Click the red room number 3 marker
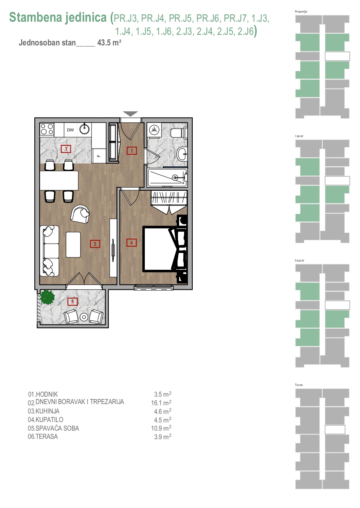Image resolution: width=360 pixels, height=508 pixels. (x=66, y=149)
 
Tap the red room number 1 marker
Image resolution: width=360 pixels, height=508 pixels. (x=132, y=151)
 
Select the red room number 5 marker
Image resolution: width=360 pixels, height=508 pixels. (x=72, y=301)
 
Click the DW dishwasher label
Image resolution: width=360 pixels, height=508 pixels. (x=70, y=130)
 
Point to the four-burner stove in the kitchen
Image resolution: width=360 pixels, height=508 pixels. (x=47, y=129)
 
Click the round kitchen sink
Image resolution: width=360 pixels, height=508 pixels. (x=85, y=129)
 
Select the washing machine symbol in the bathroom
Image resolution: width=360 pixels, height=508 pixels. (x=154, y=130)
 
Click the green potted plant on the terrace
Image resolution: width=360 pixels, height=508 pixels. (x=47, y=297)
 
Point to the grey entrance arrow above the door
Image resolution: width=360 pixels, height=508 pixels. (x=130, y=114)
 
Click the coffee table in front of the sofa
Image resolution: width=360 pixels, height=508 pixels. (x=73, y=244)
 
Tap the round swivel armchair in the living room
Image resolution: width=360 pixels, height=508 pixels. (x=80, y=214)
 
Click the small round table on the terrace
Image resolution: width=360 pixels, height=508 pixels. (x=84, y=317)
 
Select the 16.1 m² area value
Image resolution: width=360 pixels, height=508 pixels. (x=161, y=403)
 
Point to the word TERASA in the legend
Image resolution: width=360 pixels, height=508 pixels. (x=47, y=436)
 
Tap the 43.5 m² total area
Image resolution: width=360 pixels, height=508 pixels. (x=109, y=43)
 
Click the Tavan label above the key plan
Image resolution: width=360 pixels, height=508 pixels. (x=299, y=385)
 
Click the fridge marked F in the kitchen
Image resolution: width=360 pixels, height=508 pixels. (x=99, y=156)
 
